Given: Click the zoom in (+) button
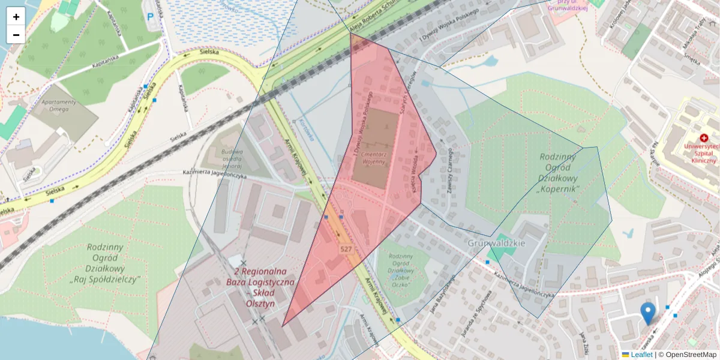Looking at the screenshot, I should [16, 16].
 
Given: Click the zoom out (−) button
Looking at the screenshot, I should [16, 35].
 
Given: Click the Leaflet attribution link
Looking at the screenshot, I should [641, 355].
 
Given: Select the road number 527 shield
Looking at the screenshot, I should [346, 248].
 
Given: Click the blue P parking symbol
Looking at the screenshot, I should [150, 17].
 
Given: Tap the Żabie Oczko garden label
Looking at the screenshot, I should [401, 270].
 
